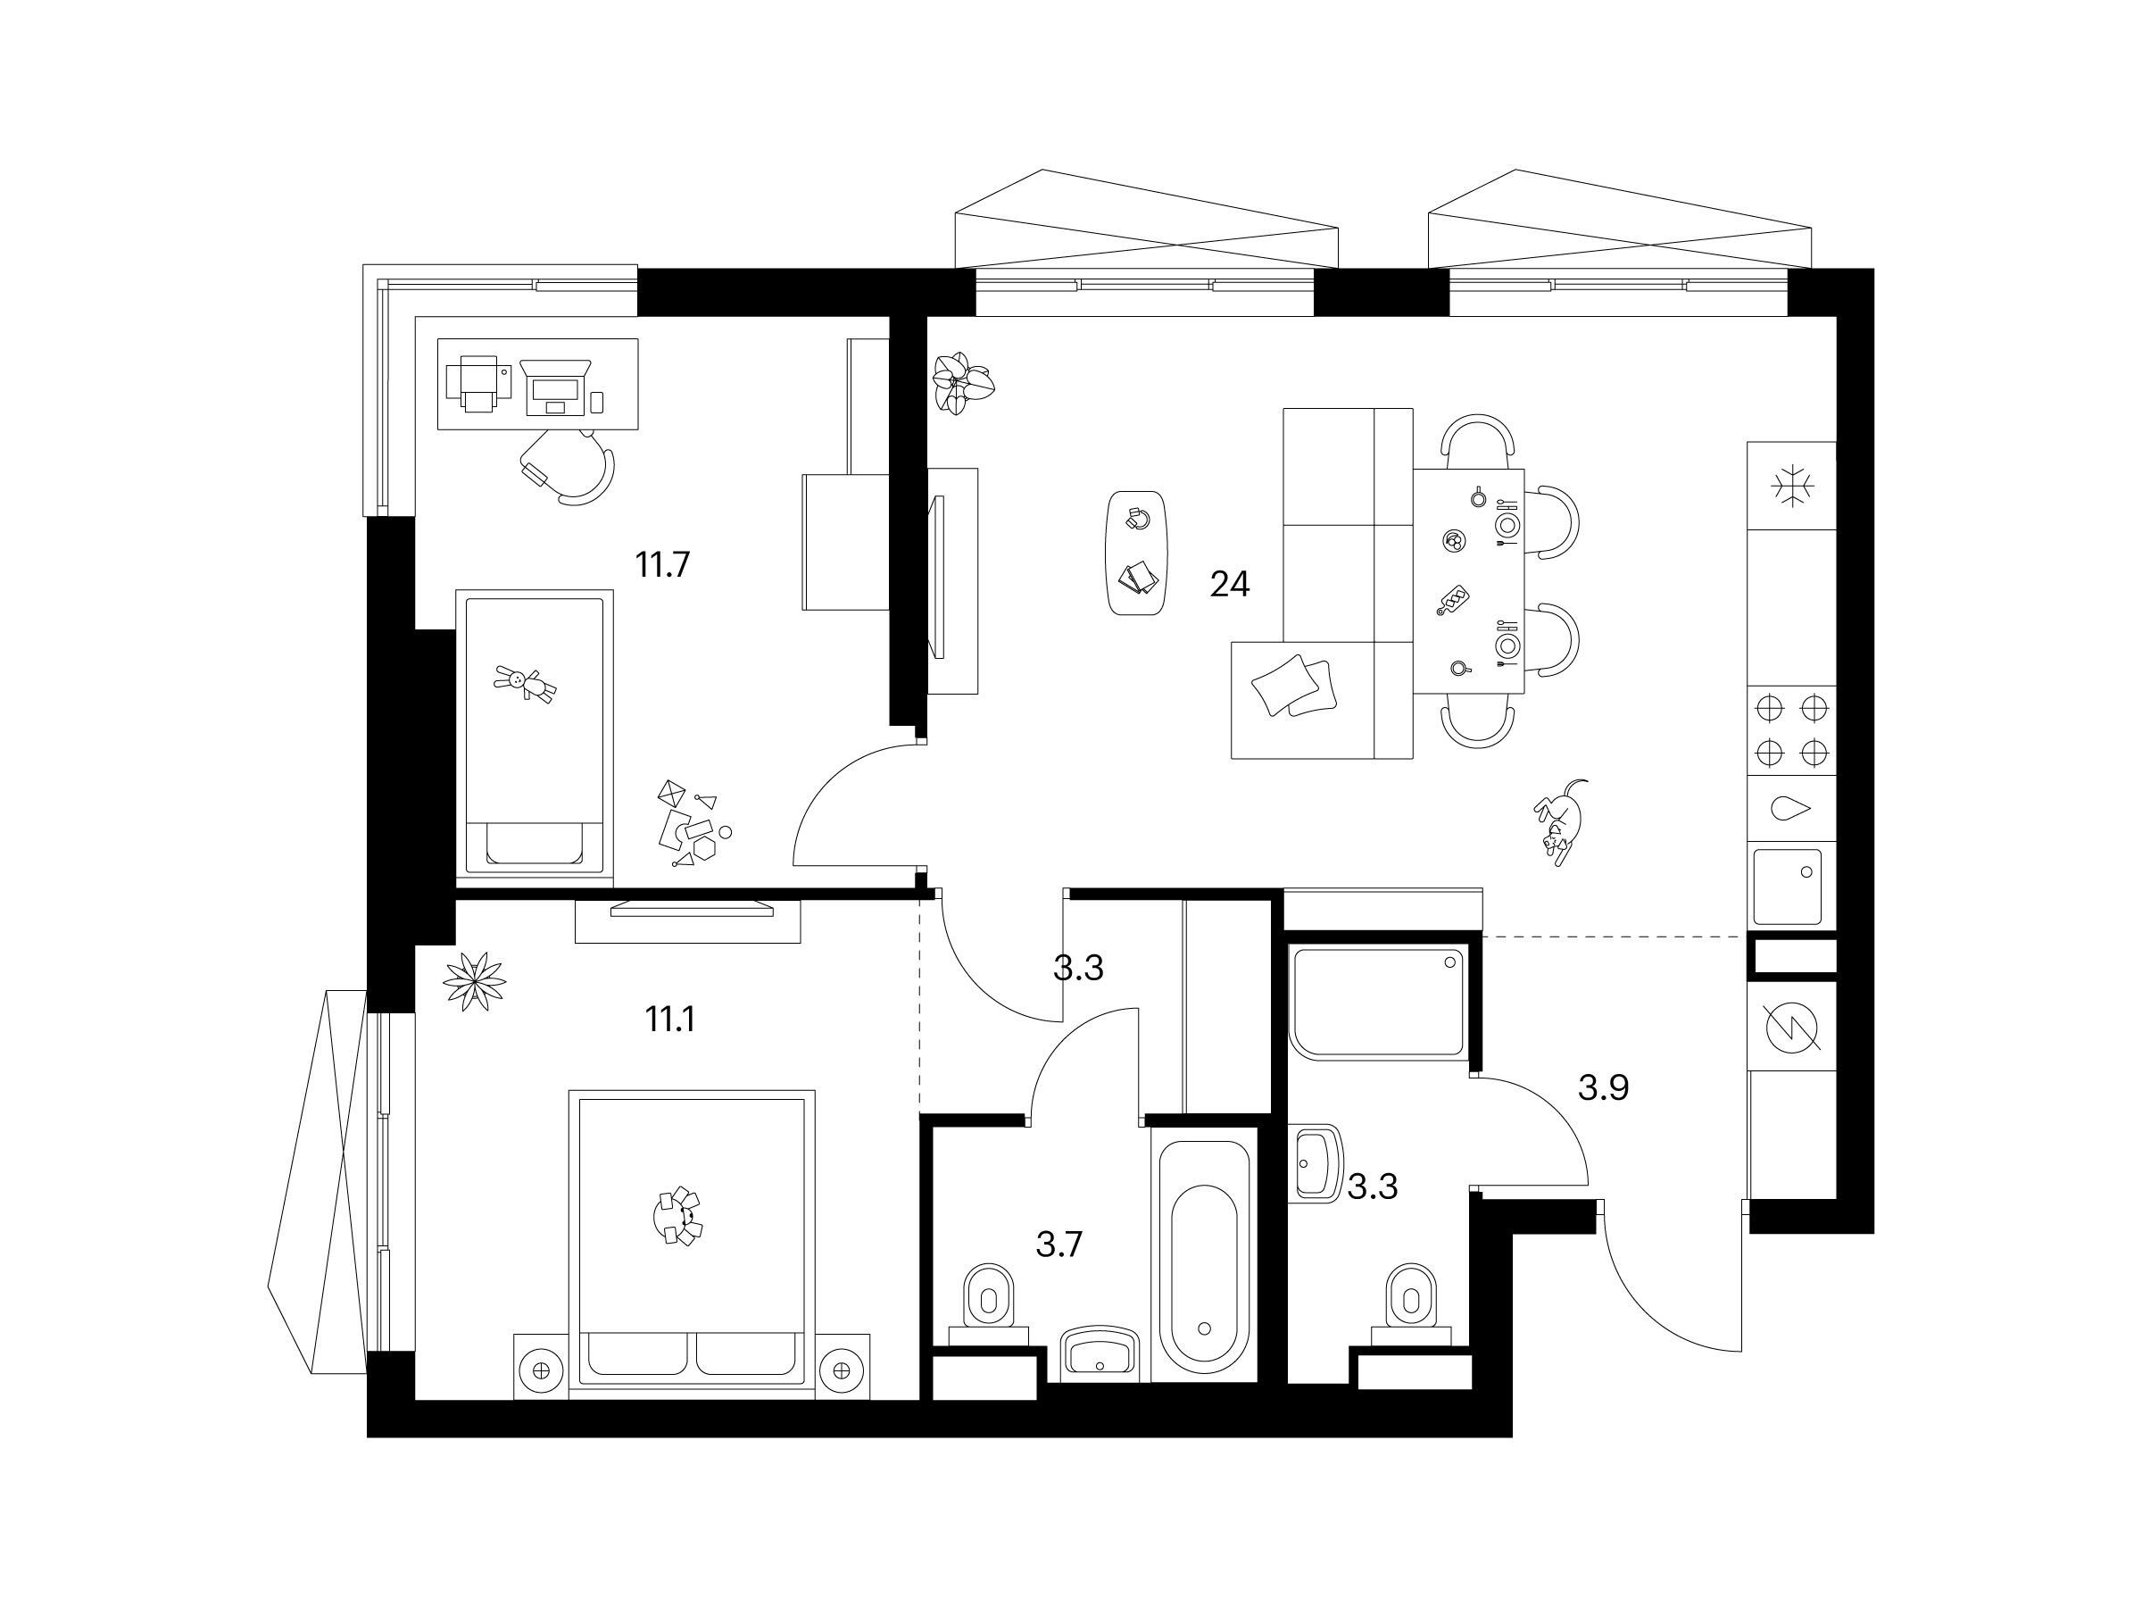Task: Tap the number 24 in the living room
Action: (x=1230, y=584)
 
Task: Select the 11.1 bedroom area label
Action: (x=670, y=1019)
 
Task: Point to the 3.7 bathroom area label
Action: (x=1059, y=1245)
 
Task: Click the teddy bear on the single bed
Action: (x=526, y=683)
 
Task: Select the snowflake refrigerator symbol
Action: (x=1791, y=486)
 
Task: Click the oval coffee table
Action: (x=1137, y=552)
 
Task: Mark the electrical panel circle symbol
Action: (x=1792, y=1028)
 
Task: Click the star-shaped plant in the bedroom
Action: (x=475, y=982)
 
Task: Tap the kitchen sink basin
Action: (x=1788, y=887)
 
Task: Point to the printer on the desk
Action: (x=477, y=383)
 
